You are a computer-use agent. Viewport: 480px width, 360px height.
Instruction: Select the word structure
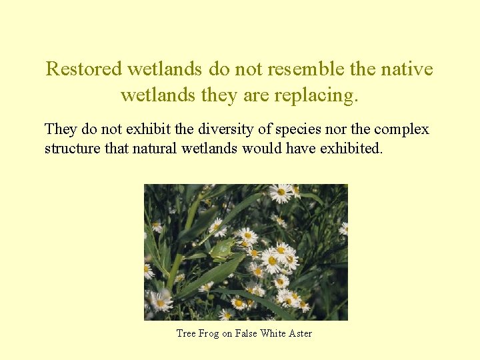pyautogui.click(x=72, y=147)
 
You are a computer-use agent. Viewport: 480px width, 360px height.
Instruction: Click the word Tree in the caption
pyautogui.click(x=185, y=333)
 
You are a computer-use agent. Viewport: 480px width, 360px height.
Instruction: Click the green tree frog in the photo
pyautogui.click(x=222, y=249)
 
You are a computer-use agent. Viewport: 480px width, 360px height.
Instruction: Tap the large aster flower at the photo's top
pyautogui.click(x=281, y=193)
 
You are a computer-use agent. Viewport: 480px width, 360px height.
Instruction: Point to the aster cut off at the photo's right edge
pyautogui.click(x=343, y=229)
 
